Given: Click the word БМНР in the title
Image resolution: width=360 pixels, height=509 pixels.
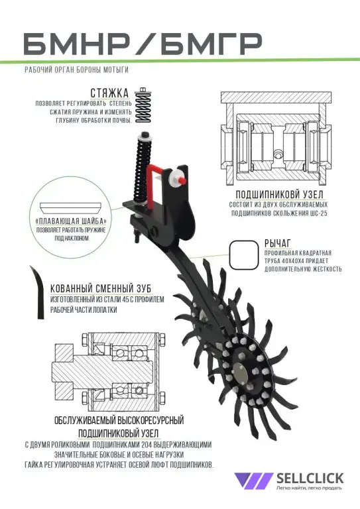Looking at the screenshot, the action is tap(77, 44).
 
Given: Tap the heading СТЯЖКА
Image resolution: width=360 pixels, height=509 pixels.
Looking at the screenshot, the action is tap(109, 93).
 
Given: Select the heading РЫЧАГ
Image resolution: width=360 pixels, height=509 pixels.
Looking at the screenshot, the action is tap(278, 243).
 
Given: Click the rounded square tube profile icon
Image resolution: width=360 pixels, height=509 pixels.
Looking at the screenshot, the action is tap(245, 254).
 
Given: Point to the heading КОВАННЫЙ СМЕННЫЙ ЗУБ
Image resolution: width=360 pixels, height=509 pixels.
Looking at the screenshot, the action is tap(101, 288).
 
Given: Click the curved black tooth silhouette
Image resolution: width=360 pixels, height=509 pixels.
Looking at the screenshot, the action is tap(38, 292).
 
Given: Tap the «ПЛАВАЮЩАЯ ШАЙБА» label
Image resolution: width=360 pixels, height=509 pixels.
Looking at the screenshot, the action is tap(72, 221).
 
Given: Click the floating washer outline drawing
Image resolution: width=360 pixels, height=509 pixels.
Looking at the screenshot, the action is tap(71, 207).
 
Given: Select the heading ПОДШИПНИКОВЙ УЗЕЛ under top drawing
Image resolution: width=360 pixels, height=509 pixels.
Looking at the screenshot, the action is tap(280, 195).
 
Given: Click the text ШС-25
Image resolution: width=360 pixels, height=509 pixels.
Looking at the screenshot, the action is tap(318, 213).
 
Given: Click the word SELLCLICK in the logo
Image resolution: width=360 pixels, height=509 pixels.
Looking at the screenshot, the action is tap(310, 478).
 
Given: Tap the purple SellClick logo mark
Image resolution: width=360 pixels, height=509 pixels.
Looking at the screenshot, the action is tap(253, 481).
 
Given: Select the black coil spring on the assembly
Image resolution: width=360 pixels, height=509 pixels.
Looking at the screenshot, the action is tap(142, 170).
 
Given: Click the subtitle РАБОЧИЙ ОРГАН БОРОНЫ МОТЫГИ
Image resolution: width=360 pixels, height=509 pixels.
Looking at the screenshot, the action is tap(77, 70).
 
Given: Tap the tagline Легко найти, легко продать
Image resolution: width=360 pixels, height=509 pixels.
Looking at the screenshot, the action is tap(310, 488).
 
